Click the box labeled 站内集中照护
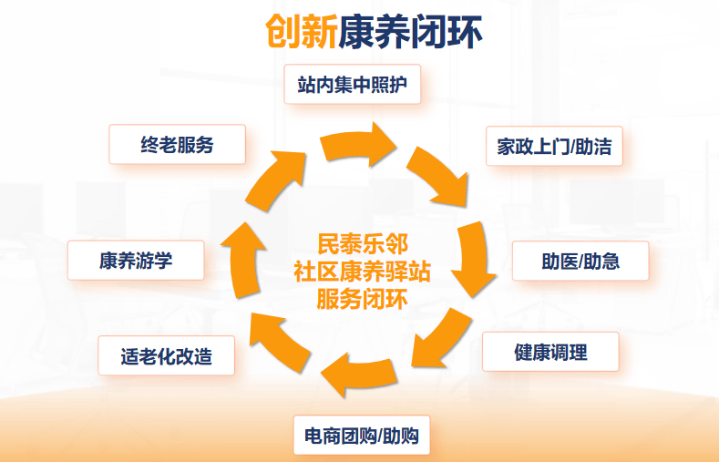[x=352, y=85]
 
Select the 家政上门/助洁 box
[x=554, y=146]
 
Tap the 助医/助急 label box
[x=580, y=261]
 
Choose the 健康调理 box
[x=550, y=352]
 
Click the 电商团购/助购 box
[x=362, y=436]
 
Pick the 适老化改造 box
[x=167, y=355]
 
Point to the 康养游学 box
[x=136, y=261]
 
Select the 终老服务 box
[x=177, y=144]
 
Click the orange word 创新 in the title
[x=302, y=31]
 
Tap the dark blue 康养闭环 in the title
[x=410, y=31]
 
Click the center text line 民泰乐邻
[x=363, y=244]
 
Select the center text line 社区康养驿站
[x=363, y=272]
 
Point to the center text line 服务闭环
[x=363, y=299]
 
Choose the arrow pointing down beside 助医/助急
[x=475, y=259]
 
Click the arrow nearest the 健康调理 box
[x=441, y=339]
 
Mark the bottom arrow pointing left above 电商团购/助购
[x=359, y=375]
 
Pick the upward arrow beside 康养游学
[x=243, y=261]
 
